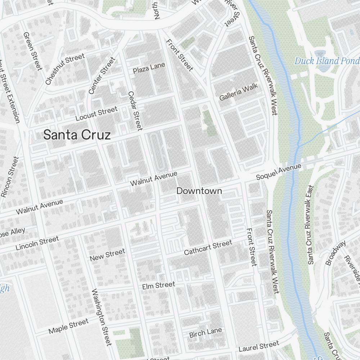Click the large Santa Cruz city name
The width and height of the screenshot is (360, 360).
77,135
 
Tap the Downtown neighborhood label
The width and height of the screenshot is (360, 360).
199,191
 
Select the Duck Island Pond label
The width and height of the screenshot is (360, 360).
327,61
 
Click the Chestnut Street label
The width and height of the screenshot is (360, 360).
65,69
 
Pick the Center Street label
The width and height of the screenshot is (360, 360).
102,76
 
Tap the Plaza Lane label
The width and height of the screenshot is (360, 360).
149,68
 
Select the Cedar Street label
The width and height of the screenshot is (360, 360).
135,111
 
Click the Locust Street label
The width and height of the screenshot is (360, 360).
96,114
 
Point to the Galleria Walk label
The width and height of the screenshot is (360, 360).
239,92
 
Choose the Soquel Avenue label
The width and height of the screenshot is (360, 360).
278,172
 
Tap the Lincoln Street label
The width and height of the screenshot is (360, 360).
37,243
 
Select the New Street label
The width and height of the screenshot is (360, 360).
107,255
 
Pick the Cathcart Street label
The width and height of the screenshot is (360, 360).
208,248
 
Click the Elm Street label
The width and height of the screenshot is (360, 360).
158,286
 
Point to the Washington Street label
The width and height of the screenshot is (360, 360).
102,317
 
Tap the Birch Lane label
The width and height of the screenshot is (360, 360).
206,333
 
